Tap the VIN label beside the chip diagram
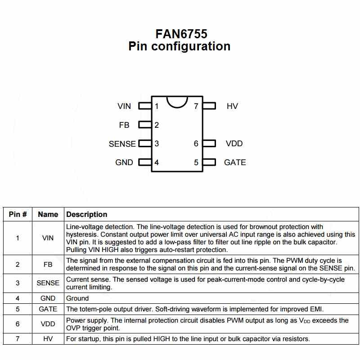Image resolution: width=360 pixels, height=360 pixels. pos(124,106)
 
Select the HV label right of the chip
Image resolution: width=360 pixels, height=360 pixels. pos(232,106)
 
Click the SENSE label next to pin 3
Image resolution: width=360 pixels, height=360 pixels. pos(122,144)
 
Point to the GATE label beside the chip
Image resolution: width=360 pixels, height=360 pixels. pos(235,162)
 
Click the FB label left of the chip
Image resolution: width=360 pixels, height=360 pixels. pos(124,125)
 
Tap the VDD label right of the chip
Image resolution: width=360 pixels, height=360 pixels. pos(234,144)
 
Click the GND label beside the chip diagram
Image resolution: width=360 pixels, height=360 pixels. pos(124,162)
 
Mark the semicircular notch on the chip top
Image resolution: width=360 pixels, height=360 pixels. pos(177,102)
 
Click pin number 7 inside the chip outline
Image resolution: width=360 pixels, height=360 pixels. pos(196,107)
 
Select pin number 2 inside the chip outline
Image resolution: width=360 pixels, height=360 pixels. pos(157,125)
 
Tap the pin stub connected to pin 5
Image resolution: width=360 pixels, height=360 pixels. pos(209,162)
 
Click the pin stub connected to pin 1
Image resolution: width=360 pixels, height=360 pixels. pos(144,106)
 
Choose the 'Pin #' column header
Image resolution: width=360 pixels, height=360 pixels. pos(18,214)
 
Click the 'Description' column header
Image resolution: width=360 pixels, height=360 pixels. pos(87,214)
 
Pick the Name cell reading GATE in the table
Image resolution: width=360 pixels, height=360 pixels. pos(48,309)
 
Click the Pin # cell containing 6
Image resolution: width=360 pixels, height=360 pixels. pos(18,324)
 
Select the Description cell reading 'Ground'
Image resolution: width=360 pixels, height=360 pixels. pos(77,298)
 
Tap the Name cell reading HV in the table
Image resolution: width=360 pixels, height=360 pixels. pos(48,339)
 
